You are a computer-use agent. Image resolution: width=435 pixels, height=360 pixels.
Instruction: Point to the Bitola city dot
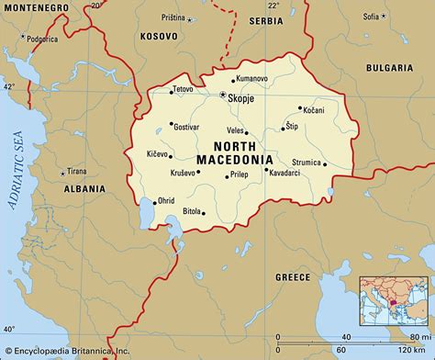tap(203, 214)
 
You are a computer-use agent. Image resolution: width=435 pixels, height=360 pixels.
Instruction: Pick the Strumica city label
tap(306, 163)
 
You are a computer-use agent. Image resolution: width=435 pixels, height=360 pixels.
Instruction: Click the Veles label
tap(236, 129)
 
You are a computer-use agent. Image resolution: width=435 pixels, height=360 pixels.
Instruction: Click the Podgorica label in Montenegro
tap(44, 40)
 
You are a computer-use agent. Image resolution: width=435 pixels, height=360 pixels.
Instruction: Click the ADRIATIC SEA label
tap(16, 174)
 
